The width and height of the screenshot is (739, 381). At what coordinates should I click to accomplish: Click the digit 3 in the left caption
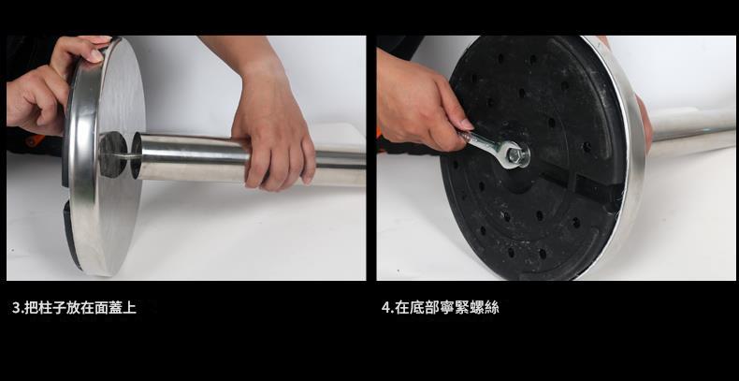pyautogui.click(x=15, y=308)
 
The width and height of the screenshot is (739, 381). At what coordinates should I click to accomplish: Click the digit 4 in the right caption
pyautogui.click(x=385, y=308)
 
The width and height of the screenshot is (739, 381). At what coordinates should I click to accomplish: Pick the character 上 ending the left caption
pyautogui.click(x=130, y=308)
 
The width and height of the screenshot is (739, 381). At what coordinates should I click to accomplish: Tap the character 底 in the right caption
pyautogui.click(x=417, y=308)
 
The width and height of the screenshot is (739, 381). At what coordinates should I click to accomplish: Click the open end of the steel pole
pyautogui.click(x=137, y=155)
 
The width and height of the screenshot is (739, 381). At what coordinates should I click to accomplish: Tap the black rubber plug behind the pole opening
pyautogui.click(x=112, y=154)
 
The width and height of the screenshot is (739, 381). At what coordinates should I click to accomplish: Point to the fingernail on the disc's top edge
pyautogui.click(x=95, y=55)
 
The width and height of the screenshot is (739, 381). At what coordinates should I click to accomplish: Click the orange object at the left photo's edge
pyautogui.click(x=32, y=140)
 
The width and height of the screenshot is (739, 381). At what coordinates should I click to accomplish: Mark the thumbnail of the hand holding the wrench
pyautogui.click(x=466, y=125)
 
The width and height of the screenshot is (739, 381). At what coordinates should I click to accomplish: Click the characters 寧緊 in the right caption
pyautogui.click(x=454, y=308)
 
